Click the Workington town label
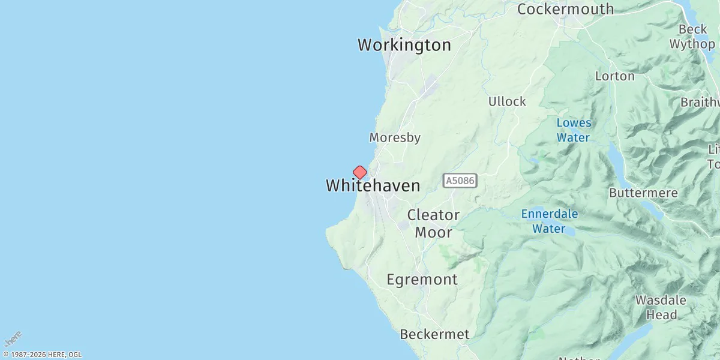pyautogui.click(x=404, y=45)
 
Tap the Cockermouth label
pyautogui.click(x=565, y=9)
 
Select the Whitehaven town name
pyautogui.click(x=373, y=185)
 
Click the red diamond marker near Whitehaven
pyautogui.click(x=359, y=173)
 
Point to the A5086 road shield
pyautogui.click(x=460, y=181)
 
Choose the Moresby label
pyautogui.click(x=394, y=137)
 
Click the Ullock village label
pyautogui.click(x=507, y=101)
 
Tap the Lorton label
pyautogui.click(x=614, y=76)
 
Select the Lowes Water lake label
pyautogui.click(x=574, y=130)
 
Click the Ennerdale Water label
pyautogui.click(x=549, y=221)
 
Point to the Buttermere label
pyautogui.click(x=643, y=193)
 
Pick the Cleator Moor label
pyautogui.click(x=433, y=223)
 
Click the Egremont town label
pyautogui.click(x=422, y=279)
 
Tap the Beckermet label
pyautogui.click(x=434, y=334)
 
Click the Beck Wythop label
pyautogui.click(x=692, y=37)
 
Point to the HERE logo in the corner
pyautogui.click(x=13, y=338)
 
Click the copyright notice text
pyautogui.click(x=42, y=355)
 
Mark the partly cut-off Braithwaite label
pyautogui.click(x=700, y=102)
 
